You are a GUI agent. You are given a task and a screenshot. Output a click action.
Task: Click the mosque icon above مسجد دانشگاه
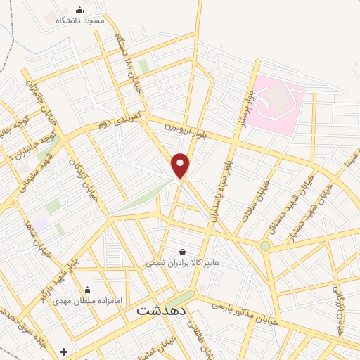click(79, 10)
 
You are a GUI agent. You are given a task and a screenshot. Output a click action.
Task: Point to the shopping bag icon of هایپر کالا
click(183, 252)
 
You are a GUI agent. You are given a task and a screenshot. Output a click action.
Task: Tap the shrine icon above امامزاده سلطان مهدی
click(88, 289)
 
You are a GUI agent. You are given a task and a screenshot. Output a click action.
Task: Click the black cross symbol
click(64, 351)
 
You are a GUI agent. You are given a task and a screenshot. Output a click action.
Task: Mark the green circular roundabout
click(265, 246)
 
